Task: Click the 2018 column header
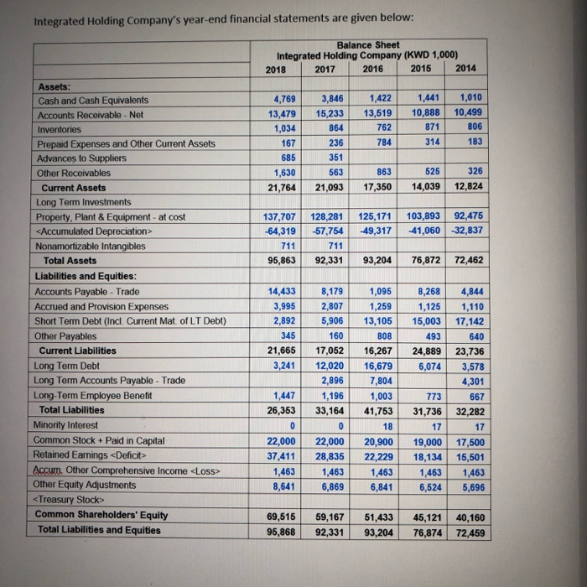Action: click(x=276, y=69)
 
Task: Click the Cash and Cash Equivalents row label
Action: click(x=93, y=100)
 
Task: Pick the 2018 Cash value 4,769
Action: click(x=280, y=100)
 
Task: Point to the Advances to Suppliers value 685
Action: click(x=284, y=158)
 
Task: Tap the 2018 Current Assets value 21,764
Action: click(x=280, y=187)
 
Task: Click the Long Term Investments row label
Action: click(x=83, y=202)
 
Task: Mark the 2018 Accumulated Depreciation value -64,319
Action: click(x=279, y=231)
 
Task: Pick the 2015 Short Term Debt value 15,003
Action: click(x=426, y=321)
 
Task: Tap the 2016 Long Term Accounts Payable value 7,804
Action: click(x=380, y=381)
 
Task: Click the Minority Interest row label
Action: click(x=73, y=425)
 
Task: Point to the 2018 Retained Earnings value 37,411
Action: click(x=280, y=455)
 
